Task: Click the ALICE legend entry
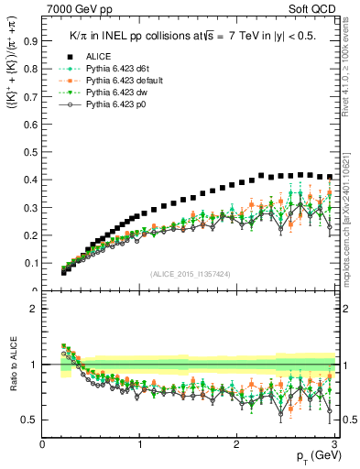(87, 56)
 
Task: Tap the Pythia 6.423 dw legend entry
(102, 93)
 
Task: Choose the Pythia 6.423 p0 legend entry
(102, 105)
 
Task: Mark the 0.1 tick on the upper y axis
(31, 263)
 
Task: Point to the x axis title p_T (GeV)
(314, 456)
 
